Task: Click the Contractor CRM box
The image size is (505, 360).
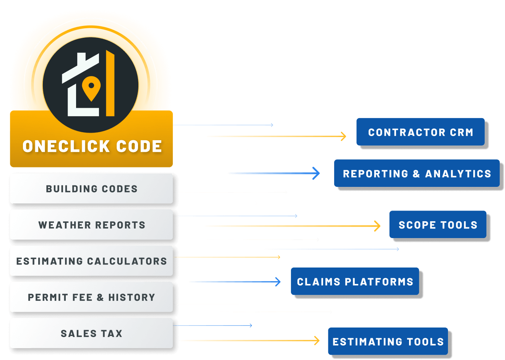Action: point(421,132)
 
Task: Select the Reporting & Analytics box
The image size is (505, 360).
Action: point(417,173)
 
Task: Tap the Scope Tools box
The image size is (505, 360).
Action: point(438,224)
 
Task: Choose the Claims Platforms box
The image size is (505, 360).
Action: point(355,281)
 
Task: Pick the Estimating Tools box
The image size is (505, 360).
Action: point(388,341)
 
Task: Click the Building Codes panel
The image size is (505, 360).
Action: point(91,188)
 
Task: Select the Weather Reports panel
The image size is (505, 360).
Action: point(91,224)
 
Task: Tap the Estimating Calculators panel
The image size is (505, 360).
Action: point(91,261)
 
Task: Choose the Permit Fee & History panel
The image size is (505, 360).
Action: point(91,297)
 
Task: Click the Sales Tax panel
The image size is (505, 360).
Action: point(91,333)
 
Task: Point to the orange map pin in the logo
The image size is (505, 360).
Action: point(91,88)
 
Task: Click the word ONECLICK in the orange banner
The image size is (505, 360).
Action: point(66,146)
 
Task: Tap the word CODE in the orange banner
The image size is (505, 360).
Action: point(139,146)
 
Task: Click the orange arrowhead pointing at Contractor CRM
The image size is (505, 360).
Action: point(343,136)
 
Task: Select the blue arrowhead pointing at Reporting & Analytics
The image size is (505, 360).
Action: point(316,173)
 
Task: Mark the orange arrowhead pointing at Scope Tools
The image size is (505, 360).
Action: point(377,226)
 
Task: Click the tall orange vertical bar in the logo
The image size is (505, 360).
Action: point(110,83)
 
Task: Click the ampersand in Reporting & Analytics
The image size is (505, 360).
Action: point(416,174)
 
